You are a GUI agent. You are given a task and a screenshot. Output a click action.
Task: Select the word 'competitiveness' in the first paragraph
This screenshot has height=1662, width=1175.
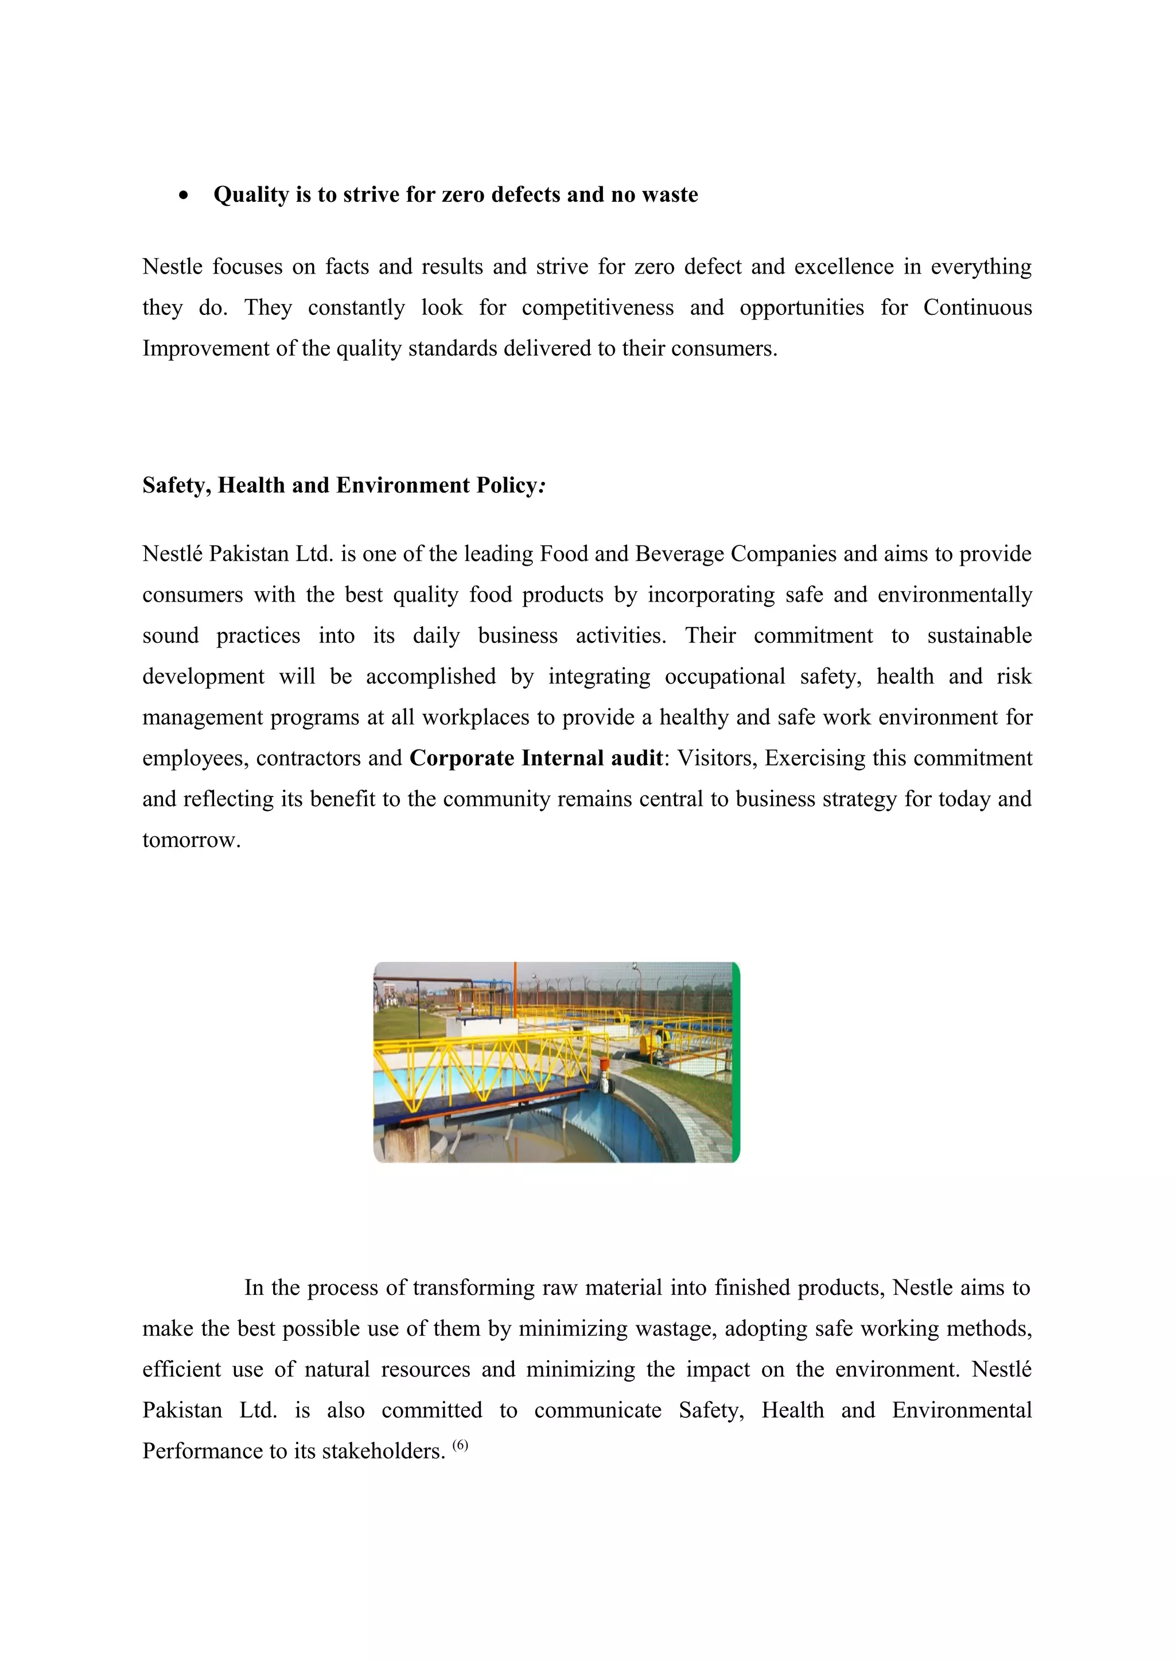[597, 307]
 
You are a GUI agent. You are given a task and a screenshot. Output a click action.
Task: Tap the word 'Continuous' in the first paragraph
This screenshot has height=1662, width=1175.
[976, 307]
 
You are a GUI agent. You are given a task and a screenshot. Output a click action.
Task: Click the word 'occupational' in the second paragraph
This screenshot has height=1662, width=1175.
[724, 677]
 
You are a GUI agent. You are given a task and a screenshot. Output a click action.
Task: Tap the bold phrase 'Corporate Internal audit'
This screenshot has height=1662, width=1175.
[536, 759]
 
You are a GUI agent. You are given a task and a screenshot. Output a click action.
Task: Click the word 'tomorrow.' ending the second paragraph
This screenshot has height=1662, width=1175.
[191, 840]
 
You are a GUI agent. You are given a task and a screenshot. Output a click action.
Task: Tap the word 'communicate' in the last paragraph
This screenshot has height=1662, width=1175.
[597, 1410]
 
